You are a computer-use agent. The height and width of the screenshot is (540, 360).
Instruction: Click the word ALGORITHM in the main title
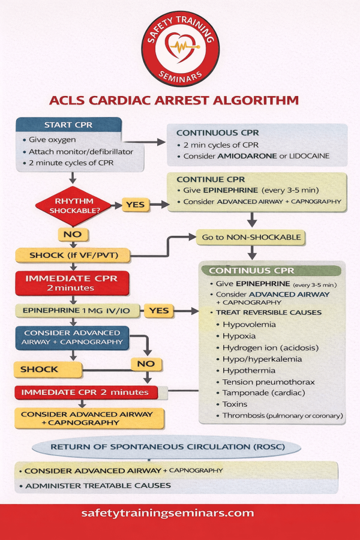click(x=251, y=100)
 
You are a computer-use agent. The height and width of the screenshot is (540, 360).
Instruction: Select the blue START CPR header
click(x=68, y=125)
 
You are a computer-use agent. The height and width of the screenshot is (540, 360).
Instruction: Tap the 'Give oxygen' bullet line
click(x=52, y=140)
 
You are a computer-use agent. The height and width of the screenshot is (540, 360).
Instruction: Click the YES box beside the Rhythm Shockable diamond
click(x=135, y=205)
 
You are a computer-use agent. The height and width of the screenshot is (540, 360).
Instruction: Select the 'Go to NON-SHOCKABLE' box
click(x=251, y=237)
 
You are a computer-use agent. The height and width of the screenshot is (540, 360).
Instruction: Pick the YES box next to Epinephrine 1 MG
click(x=158, y=310)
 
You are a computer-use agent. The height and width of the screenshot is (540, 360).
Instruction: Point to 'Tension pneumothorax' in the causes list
click(x=260, y=382)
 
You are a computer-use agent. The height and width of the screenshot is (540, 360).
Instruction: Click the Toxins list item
click(x=235, y=404)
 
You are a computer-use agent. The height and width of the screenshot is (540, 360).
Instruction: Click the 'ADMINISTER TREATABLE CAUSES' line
click(x=98, y=485)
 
